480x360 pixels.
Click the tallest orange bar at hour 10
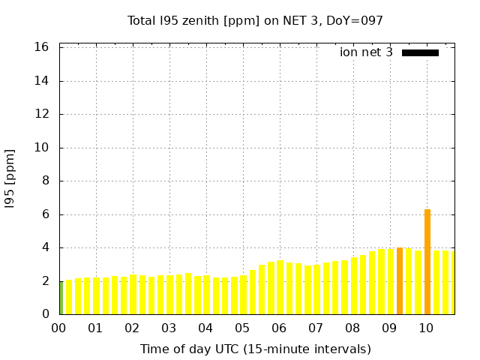click(427, 262)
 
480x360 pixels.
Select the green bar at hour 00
click(61, 298)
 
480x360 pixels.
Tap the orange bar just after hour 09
click(400, 281)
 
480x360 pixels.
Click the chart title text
click(255, 20)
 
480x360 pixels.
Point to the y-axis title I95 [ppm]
click(10, 178)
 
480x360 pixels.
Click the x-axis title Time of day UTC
click(255, 349)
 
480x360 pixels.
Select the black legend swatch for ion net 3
click(420, 52)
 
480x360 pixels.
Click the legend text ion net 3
click(366, 52)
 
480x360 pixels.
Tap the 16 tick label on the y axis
click(42, 47)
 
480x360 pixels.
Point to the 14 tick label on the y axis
click(42, 81)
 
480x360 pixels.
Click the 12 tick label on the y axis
click(42, 114)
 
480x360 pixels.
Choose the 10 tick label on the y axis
click(42, 148)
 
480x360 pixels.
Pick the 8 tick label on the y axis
click(46, 181)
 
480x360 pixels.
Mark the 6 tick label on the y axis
click(46, 214)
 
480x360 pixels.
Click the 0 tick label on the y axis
click(46, 314)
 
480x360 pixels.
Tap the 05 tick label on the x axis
click(242, 328)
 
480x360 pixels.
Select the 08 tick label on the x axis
click(352, 328)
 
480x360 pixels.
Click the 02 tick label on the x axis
click(132, 328)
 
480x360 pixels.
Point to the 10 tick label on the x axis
click(426, 328)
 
